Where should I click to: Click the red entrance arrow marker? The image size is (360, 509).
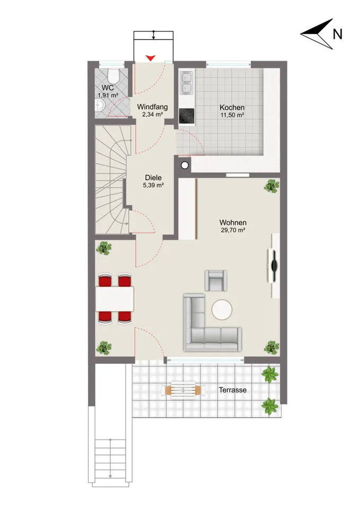[150, 58]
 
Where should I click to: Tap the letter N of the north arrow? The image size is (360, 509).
[337, 34]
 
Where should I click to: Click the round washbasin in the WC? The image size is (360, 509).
[99, 104]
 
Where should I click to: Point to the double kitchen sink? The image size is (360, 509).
[186, 83]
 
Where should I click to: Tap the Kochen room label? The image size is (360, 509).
[232, 108]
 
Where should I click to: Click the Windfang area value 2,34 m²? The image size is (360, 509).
[152, 115]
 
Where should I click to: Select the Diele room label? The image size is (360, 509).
[153, 178]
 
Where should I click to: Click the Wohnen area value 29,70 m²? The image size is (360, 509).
[233, 230]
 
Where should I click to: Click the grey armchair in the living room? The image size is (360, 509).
[216, 280]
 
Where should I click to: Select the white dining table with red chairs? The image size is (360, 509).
[115, 299]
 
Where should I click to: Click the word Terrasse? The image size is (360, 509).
[232, 390]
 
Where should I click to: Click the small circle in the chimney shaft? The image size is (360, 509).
[185, 165]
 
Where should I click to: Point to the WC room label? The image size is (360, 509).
[108, 87]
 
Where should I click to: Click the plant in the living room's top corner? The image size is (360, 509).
[271, 186]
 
